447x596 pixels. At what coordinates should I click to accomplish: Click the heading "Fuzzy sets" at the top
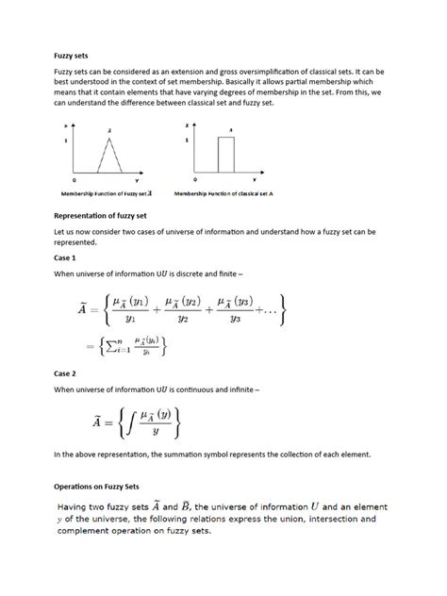tap(69, 56)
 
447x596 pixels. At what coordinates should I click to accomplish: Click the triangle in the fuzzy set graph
tap(111, 158)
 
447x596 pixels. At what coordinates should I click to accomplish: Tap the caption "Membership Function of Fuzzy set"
tap(103, 193)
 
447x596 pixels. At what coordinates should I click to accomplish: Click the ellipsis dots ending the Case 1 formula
tap(269, 311)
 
